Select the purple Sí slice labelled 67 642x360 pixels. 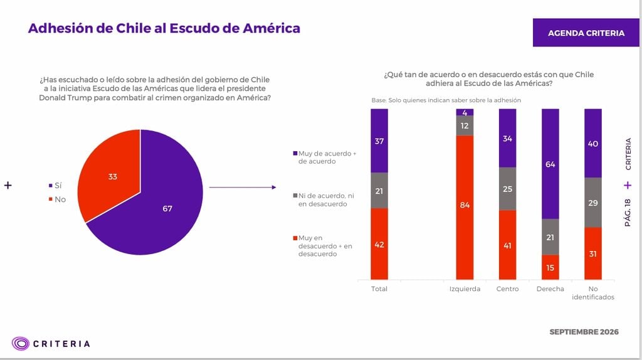point(160,205)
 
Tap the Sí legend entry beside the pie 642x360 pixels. point(55,186)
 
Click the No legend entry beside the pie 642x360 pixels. point(57,199)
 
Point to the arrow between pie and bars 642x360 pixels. point(243,187)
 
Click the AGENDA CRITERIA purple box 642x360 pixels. point(586,33)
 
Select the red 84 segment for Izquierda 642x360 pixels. point(465,207)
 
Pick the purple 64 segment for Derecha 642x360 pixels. point(550,164)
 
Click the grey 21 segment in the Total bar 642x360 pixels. point(379,191)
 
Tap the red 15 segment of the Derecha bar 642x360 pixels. point(550,267)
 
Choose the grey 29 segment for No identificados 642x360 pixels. point(593,203)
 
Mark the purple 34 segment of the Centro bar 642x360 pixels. point(508,138)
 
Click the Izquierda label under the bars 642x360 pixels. point(465,289)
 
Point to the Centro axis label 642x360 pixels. point(508,289)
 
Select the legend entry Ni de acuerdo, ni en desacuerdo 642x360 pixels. point(324,200)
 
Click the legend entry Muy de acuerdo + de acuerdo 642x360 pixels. point(325,157)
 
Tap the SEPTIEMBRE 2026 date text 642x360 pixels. point(584,332)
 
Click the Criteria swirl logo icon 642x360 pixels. point(21,343)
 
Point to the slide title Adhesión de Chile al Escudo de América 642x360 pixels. point(164,28)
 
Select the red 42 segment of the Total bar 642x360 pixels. point(379,244)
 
